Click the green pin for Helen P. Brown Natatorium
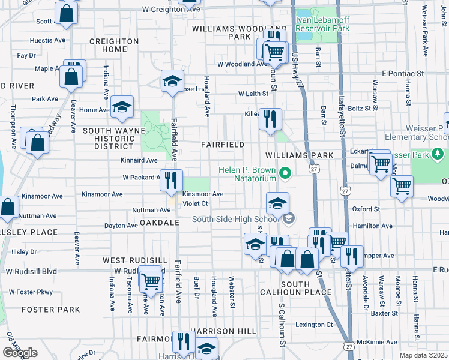pos(286,175)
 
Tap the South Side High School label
pos(236,219)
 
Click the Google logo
pos(19,352)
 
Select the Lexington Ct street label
pos(313,325)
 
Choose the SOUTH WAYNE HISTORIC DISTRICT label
pos(109,139)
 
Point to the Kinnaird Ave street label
pos(139,160)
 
